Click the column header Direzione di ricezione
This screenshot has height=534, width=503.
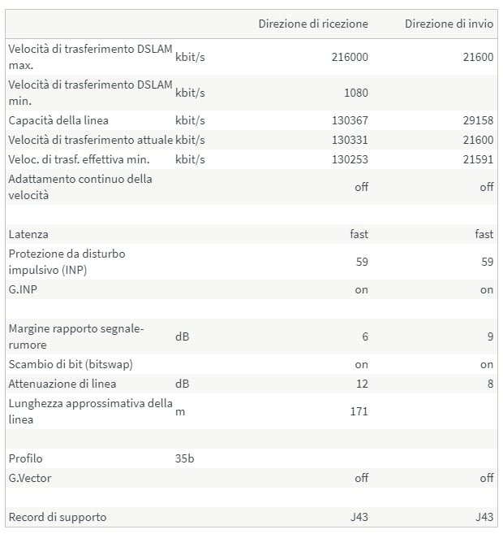pos(313,24)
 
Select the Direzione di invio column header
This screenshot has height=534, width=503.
pos(449,24)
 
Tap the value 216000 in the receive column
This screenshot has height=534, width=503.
pos(350,57)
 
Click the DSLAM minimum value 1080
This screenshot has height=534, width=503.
pos(355,93)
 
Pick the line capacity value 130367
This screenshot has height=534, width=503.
pos(350,120)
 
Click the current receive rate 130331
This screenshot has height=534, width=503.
pos(350,140)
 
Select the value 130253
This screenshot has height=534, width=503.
pos(350,159)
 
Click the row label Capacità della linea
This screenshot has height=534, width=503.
pos(58,120)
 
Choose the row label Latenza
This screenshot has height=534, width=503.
pos(28,234)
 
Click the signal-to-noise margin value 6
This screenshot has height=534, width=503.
pos(364,336)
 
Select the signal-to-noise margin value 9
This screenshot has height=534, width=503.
pos(490,336)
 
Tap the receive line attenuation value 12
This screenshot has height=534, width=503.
pos(362,384)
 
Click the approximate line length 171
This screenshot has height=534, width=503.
pos(359,411)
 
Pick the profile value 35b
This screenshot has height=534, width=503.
pos(185,458)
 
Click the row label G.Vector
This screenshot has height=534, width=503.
pos(30,478)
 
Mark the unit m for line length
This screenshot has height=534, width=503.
pos(179,411)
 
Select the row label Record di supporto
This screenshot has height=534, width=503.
pos(58,517)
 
